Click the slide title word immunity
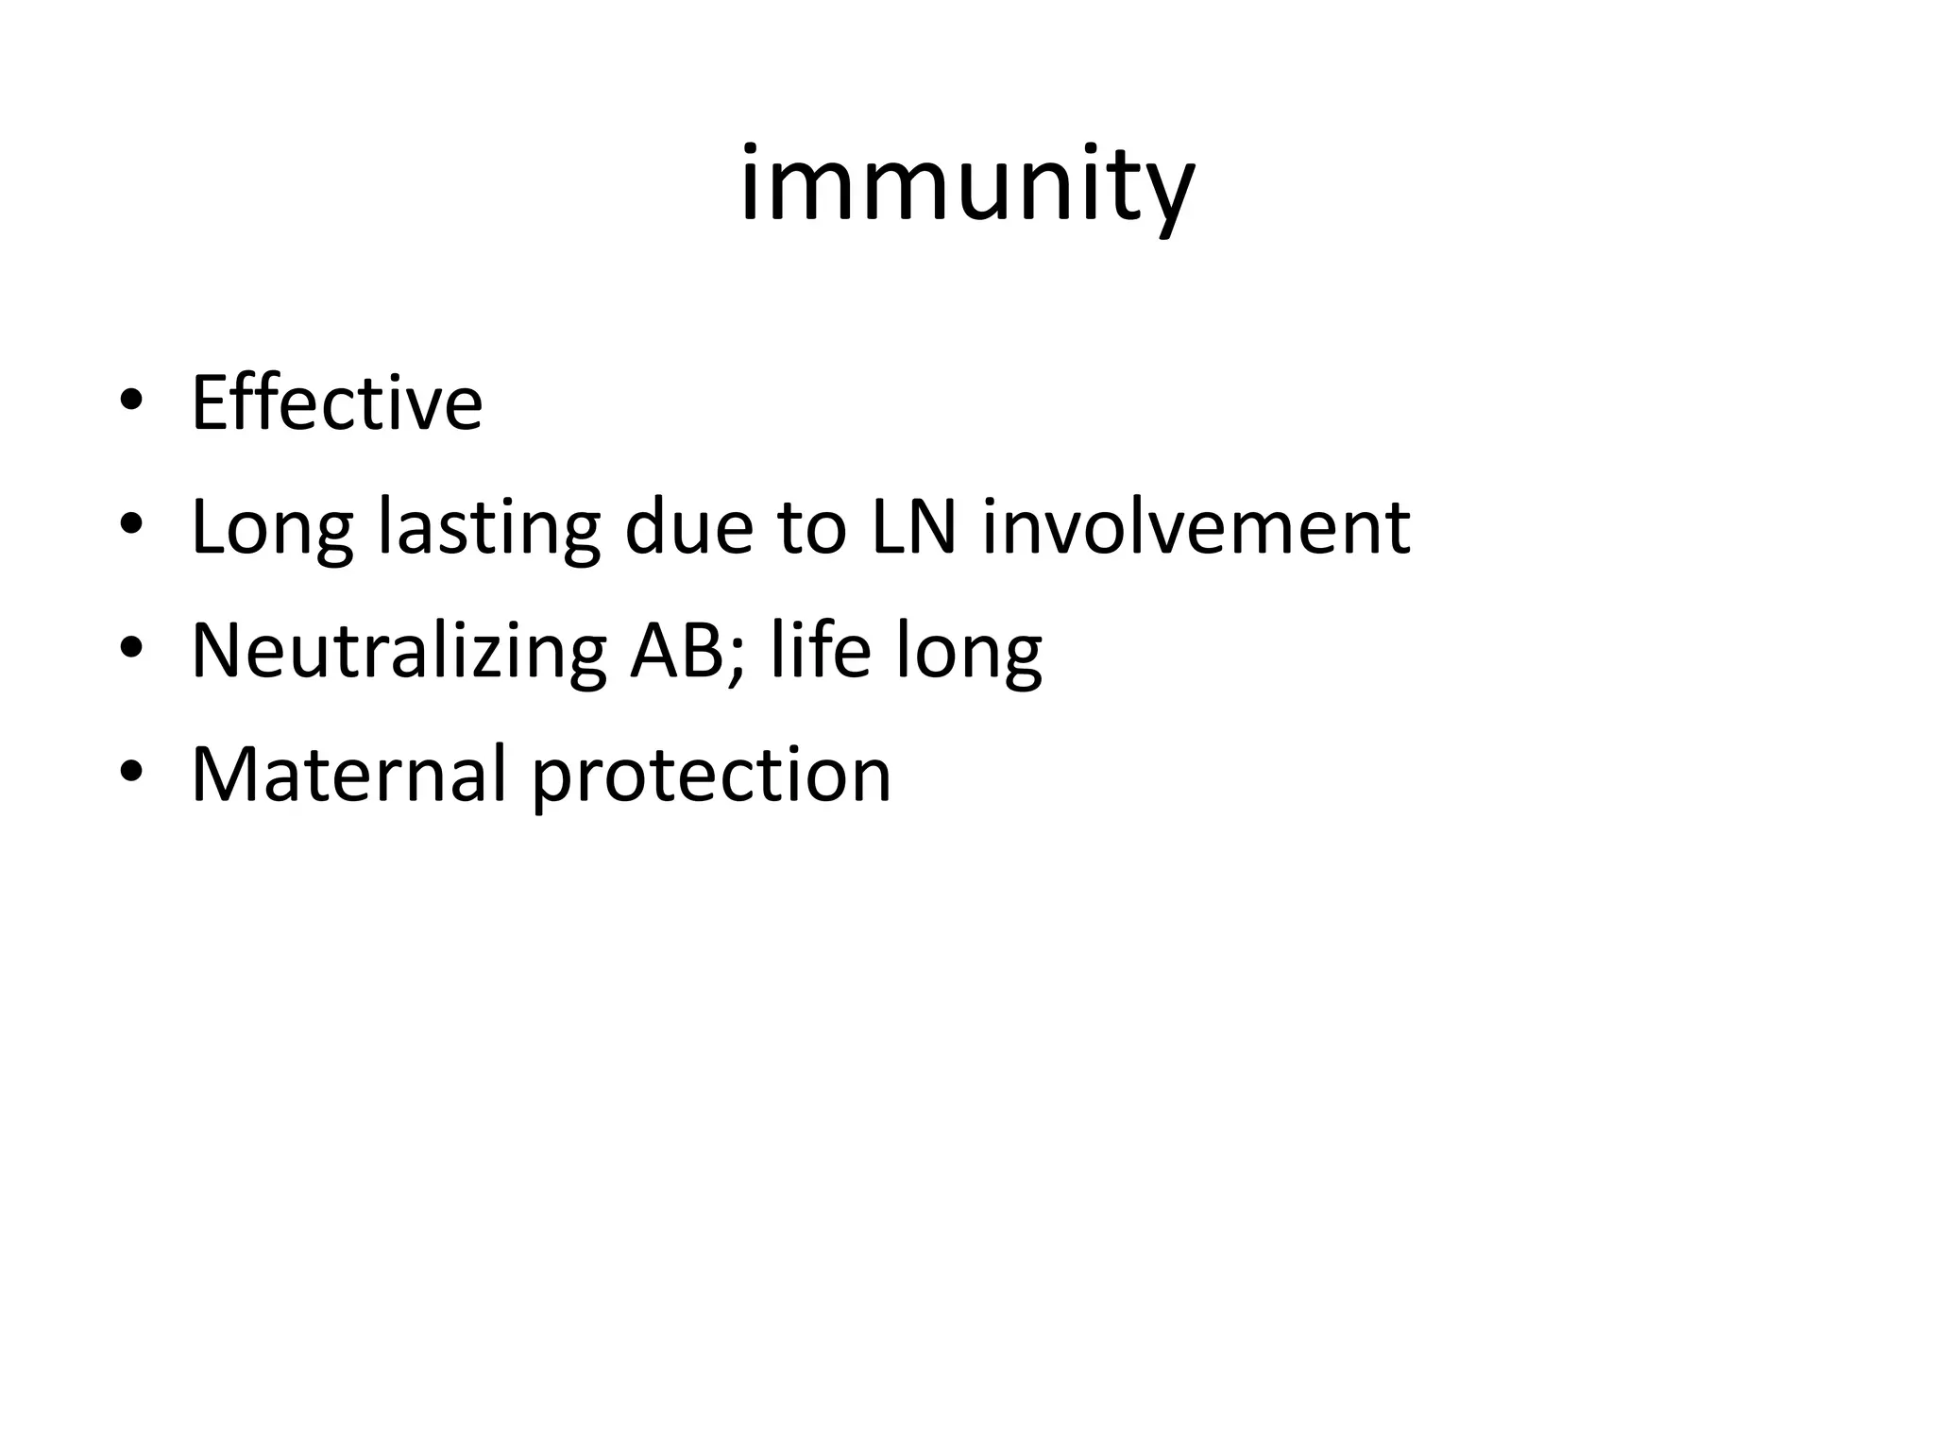pyautogui.click(x=967, y=184)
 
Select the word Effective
pyautogui.click(x=337, y=403)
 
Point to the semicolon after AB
pyautogui.click(x=738, y=661)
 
